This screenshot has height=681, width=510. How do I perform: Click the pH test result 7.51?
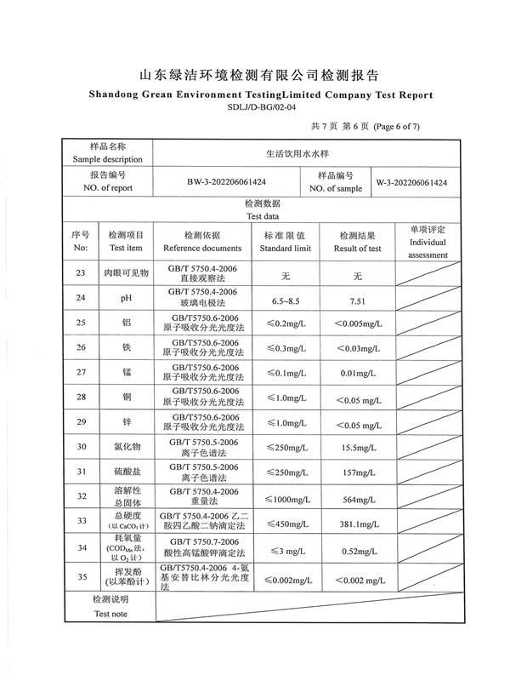357,300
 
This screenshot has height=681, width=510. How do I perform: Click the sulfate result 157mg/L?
357,472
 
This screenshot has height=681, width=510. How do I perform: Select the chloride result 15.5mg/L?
357,447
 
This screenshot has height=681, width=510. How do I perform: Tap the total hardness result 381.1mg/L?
357,521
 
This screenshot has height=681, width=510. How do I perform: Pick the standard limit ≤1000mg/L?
285,496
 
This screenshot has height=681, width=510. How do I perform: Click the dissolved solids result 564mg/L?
357,496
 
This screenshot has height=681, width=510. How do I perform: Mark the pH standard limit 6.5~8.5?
285,300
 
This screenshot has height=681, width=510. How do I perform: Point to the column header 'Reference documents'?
202,249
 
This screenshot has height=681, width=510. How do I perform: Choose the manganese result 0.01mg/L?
357,373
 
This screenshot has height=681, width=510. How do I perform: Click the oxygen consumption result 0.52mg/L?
357,551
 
